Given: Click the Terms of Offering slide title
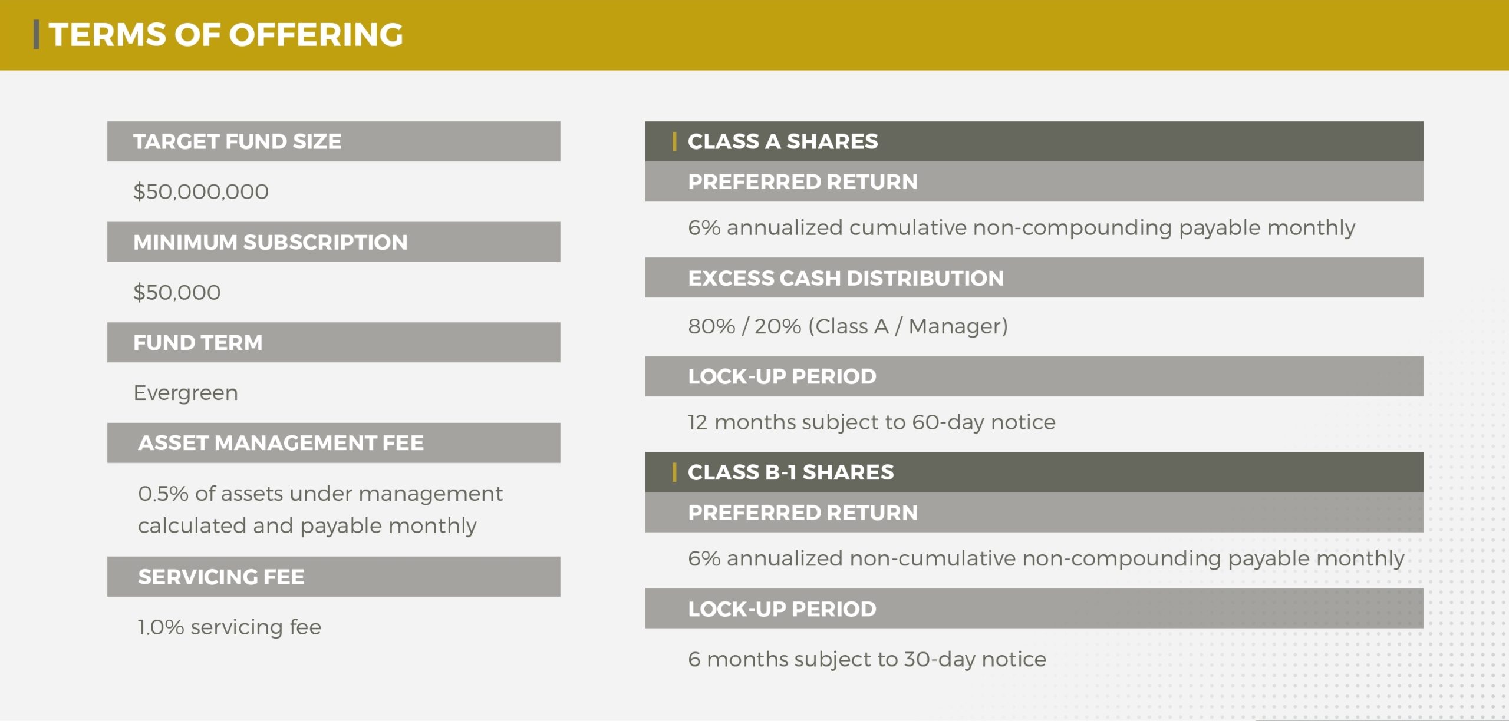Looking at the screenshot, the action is click(x=226, y=35).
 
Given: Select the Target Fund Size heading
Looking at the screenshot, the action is click(x=237, y=141).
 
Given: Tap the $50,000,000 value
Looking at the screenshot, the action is click(x=201, y=191).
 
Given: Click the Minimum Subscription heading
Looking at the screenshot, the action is click(x=270, y=242).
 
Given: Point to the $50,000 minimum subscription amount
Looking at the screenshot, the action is click(x=177, y=292).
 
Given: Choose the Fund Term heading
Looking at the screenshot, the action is click(x=197, y=342).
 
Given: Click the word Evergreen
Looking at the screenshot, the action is click(x=186, y=393).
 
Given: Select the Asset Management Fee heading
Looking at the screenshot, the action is click(x=281, y=443).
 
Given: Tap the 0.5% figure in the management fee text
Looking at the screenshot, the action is click(x=163, y=494).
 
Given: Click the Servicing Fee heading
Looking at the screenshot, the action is click(x=221, y=577).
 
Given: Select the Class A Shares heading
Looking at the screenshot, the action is click(x=783, y=141).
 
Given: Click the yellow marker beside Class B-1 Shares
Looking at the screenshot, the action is click(x=674, y=472).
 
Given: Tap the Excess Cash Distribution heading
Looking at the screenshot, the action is click(x=846, y=278).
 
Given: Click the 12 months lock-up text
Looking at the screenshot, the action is click(x=871, y=422).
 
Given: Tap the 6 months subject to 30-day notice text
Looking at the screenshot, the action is click(x=867, y=659).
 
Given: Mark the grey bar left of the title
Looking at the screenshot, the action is click(x=37, y=35).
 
